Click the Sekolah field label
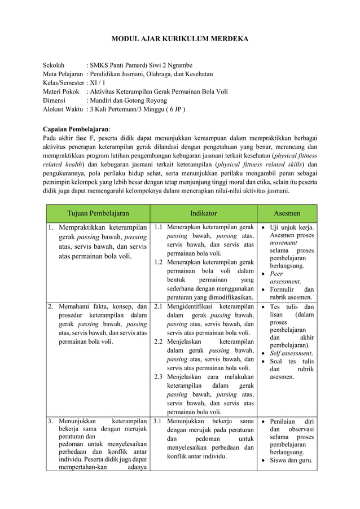click(x=54, y=65)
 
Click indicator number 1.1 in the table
click(x=159, y=227)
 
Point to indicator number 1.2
click(x=159, y=262)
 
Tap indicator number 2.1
click(x=159, y=306)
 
